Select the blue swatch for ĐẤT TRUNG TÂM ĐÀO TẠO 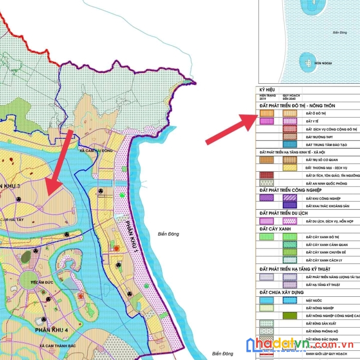[290, 145]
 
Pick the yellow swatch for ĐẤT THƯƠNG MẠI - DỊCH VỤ [290, 168]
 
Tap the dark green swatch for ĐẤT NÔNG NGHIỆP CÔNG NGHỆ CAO [290, 316]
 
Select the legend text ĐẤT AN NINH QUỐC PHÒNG [326, 183]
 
